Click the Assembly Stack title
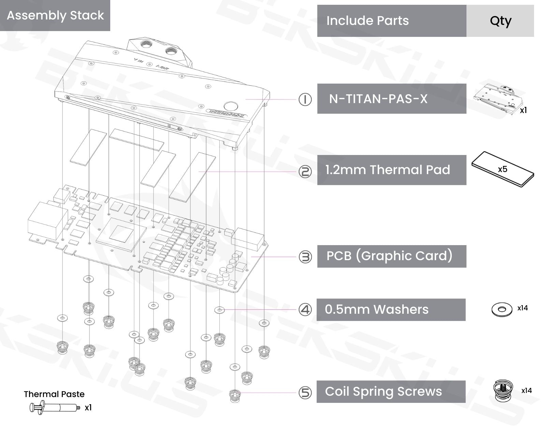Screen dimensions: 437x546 55,15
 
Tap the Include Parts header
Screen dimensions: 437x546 367,21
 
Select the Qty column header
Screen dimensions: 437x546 500,21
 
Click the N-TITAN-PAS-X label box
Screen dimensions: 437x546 378,99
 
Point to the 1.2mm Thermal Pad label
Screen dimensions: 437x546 388,170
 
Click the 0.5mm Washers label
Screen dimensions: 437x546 377,309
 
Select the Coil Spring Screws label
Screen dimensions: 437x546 383,392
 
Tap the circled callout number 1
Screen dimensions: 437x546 305,99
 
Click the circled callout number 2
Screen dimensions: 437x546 305,171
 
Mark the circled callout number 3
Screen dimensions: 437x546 305,257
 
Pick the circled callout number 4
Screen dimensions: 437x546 305,310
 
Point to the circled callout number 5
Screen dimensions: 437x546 305,393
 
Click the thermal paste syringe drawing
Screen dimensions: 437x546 55,408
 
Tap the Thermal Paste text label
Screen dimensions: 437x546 54,394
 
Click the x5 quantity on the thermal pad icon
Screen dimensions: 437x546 502,169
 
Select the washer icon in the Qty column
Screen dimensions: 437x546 502,309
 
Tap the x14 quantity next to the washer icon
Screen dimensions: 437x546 522,308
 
